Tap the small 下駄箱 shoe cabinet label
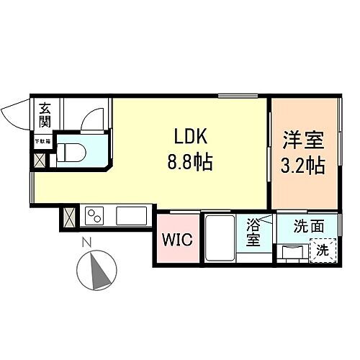click(43, 142)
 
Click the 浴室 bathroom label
click(253, 232)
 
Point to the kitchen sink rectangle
click(132, 215)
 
